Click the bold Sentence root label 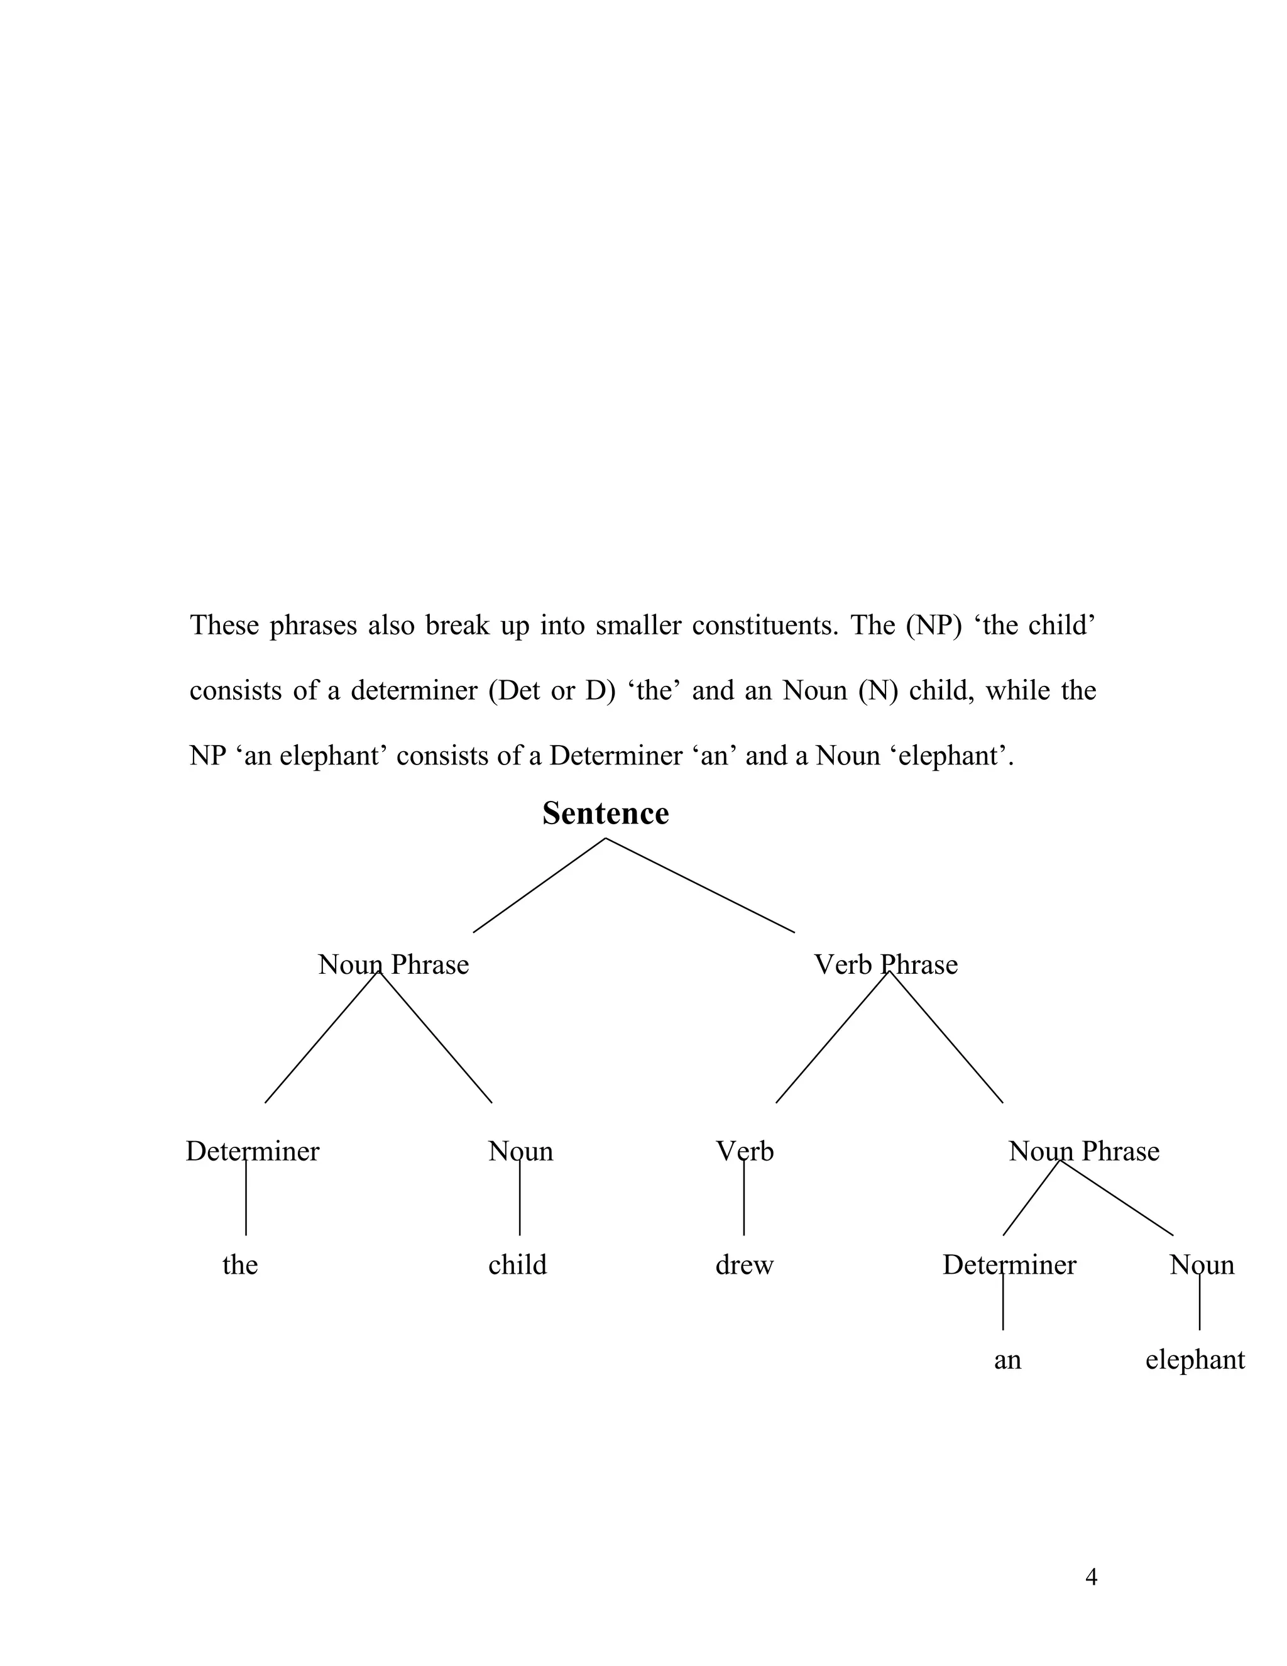coord(605,814)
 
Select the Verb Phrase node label coord(885,965)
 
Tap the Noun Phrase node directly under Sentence coord(393,965)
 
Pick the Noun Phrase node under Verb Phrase coord(1083,1151)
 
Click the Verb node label coord(744,1151)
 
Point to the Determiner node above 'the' coord(253,1151)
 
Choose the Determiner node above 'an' coord(1009,1265)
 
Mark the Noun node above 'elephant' coord(1202,1265)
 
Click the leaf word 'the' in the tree coord(240,1265)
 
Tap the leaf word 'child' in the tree coord(517,1265)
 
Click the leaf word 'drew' coord(744,1265)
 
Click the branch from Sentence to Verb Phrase coord(700,885)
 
